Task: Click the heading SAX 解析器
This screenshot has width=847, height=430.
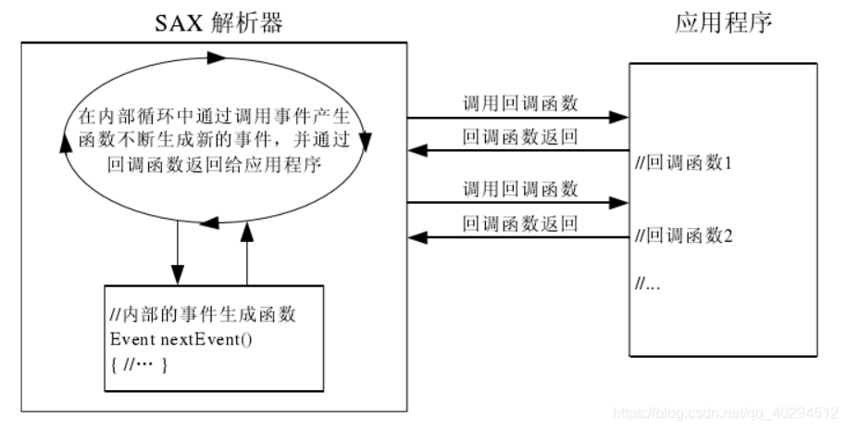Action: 218,22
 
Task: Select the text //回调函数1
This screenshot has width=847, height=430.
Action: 684,165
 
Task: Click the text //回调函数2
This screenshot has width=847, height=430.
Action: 684,235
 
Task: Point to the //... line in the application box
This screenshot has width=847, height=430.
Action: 647,283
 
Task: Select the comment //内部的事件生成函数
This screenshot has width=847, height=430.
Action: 202,315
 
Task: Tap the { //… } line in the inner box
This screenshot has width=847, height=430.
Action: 138,360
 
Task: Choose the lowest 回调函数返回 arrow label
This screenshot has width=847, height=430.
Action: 520,223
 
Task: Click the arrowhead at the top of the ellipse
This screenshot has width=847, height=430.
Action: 215,57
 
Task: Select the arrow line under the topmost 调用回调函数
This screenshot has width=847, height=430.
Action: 518,119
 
